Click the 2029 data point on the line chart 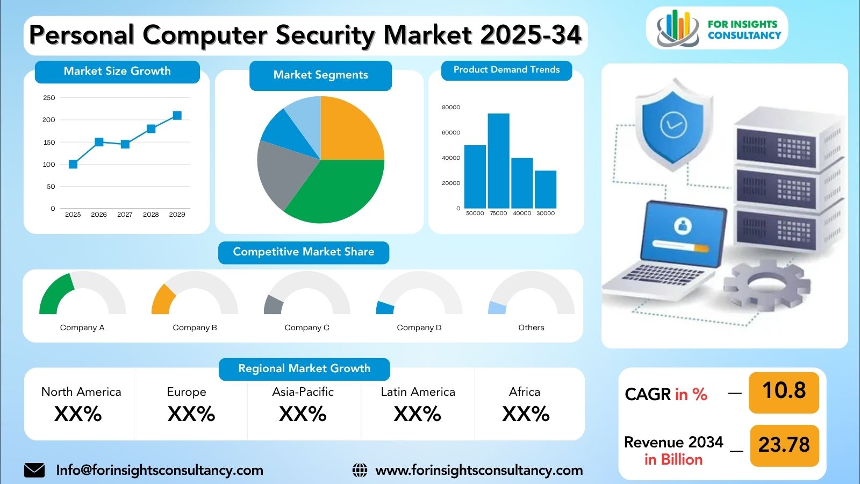click(x=177, y=115)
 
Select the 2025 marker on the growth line click(x=73, y=164)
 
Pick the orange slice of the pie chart click(x=349, y=131)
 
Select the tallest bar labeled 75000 click(x=498, y=161)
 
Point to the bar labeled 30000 click(x=545, y=190)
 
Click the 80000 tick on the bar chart click(x=451, y=107)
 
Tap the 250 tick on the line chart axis click(x=49, y=97)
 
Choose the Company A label click(x=82, y=328)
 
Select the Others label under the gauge click(x=531, y=328)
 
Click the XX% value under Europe click(x=191, y=414)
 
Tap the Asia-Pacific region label click(x=303, y=392)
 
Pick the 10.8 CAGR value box click(x=784, y=393)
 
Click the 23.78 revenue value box click(x=784, y=446)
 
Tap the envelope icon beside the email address click(x=34, y=470)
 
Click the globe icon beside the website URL click(x=360, y=470)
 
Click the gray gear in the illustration click(x=766, y=285)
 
